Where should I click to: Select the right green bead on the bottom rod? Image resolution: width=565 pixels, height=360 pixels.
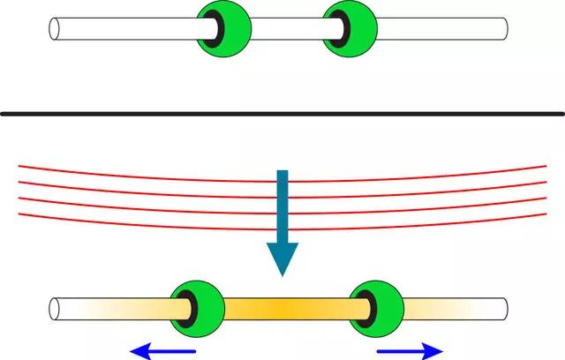[x=380, y=308]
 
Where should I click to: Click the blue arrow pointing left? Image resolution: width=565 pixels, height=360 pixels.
[x=163, y=351]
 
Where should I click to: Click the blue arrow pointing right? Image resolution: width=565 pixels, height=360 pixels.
[x=410, y=351]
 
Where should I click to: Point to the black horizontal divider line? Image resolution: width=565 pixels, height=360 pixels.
[x=282, y=113]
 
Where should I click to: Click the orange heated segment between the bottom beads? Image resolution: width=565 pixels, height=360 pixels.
[x=282, y=308]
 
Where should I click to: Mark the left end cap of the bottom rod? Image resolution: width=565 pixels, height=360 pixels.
[x=55, y=309]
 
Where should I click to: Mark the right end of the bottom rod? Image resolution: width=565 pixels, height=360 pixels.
[x=504, y=309]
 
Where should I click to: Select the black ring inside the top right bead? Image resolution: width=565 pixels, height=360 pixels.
[x=340, y=28]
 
